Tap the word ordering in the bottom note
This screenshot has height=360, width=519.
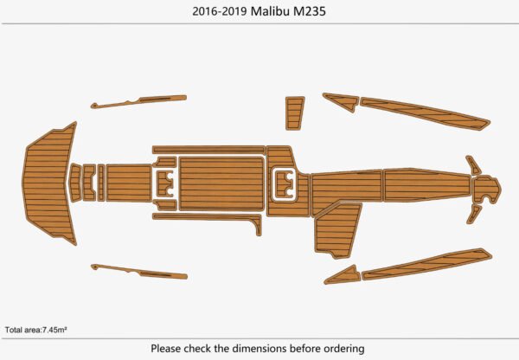coord(343,348)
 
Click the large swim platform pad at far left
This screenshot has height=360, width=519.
coord(48,183)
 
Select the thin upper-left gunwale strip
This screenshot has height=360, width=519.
coord(138,101)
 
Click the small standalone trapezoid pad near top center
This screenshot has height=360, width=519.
coord(295,112)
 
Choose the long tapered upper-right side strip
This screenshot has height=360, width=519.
coord(424,114)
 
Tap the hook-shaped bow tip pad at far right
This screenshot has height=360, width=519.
coord(487,186)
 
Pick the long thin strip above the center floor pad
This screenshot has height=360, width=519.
coord(208,150)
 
